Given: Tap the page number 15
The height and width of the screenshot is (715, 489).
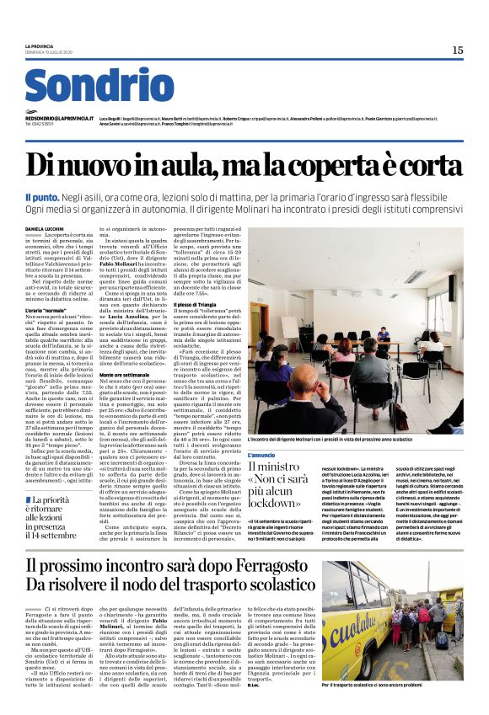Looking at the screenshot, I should coord(457,51).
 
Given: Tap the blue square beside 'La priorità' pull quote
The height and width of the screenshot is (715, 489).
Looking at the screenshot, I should coord(30,500).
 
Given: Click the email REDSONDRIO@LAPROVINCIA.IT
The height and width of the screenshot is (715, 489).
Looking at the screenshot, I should coord(59,119).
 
